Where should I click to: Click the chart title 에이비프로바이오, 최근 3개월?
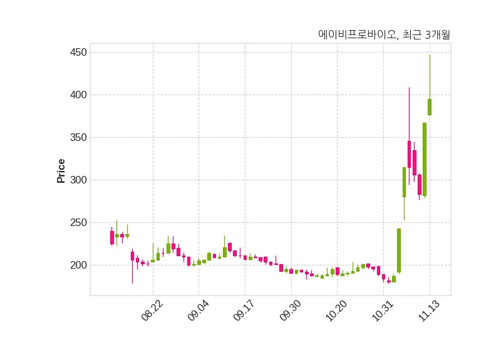point(384,35)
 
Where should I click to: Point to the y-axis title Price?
point(61,171)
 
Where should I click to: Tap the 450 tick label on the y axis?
point(78,52)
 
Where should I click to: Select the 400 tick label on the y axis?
point(78,95)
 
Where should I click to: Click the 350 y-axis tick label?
point(78,137)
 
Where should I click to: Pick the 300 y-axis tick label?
point(78,180)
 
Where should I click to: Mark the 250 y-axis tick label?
point(78,222)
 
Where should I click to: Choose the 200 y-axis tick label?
point(78,265)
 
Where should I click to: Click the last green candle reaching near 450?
point(430,106)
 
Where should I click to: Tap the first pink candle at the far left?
point(112,237)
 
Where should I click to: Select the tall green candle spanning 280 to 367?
point(425,160)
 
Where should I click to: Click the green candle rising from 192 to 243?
point(399,250)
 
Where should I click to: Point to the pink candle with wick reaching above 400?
point(409,154)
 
